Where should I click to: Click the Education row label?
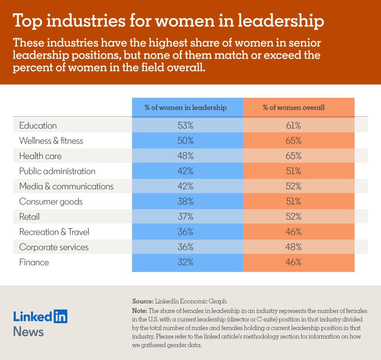coord(38,126)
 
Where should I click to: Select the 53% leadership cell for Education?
coord(186,126)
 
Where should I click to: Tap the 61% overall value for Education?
coord(294,126)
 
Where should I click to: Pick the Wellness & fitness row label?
coord(51,141)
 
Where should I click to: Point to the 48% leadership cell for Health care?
coord(186,156)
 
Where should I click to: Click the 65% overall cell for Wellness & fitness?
coord(294,141)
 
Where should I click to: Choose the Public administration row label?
coord(57,171)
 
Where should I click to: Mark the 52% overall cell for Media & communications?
coord(294,186)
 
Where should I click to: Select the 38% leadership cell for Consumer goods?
coord(186,202)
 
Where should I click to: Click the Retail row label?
coord(29,217)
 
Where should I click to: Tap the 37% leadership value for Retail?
coord(186,217)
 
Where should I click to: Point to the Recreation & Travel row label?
coord(54,232)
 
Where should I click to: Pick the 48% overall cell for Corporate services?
coord(294,247)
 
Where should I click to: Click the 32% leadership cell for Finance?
coord(186,262)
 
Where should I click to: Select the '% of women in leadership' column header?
coord(186,108)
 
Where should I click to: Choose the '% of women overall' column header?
coord(294,108)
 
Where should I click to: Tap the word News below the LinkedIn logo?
coord(28,332)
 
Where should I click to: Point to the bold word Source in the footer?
coord(143,301)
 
